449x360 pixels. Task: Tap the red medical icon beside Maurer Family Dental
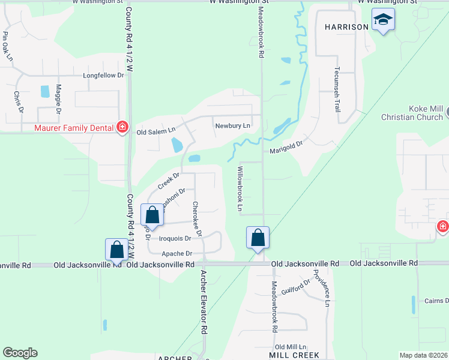pyautogui.click(x=122, y=127)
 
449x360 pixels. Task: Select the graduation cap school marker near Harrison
pyautogui.click(x=382, y=21)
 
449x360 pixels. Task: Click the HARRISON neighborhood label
pyautogui.click(x=346, y=27)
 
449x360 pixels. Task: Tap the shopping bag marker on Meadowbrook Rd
pyautogui.click(x=258, y=238)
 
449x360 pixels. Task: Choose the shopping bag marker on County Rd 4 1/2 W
pyautogui.click(x=116, y=250)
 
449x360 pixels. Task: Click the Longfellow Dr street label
pyautogui.click(x=103, y=76)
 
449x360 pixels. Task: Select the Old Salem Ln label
pyautogui.click(x=155, y=131)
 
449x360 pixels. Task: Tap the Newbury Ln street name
pyautogui.click(x=232, y=125)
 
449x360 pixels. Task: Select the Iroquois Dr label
pyautogui.click(x=174, y=238)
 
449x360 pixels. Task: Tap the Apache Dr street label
pyautogui.click(x=176, y=254)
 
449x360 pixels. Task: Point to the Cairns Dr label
pyautogui.click(x=437, y=301)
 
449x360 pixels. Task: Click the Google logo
pyautogui.click(x=20, y=353)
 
